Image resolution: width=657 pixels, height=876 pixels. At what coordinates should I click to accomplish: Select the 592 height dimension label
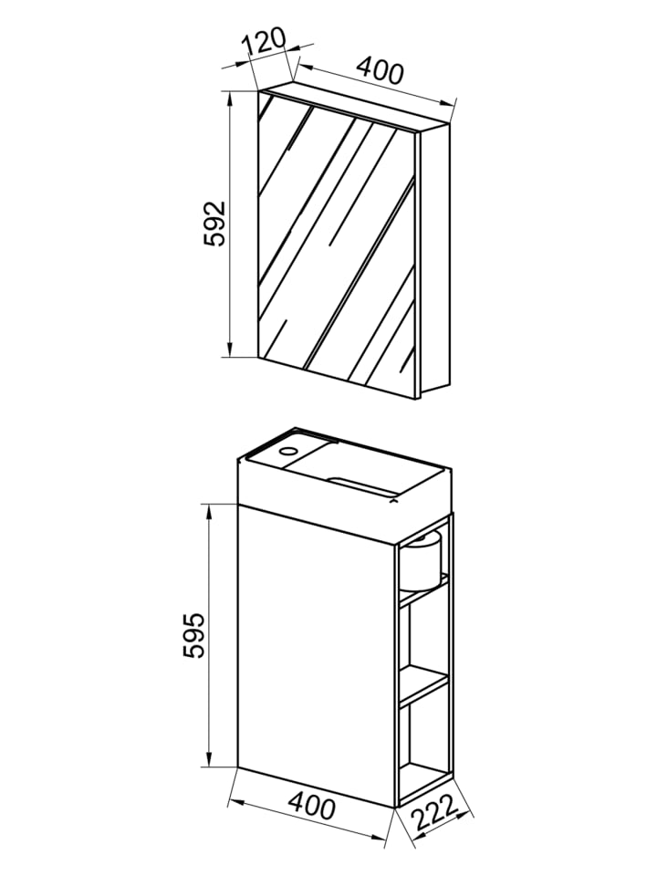point(214,223)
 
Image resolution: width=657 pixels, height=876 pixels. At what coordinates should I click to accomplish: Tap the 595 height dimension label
point(194,635)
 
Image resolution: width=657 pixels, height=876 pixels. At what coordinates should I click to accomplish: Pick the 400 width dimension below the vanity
point(312,806)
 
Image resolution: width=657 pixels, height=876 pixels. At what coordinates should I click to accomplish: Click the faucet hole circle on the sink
point(288,450)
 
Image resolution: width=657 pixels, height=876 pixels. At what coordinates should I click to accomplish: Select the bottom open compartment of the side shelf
point(423,737)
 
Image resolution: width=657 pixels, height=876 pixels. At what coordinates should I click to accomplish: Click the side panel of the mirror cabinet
point(434,258)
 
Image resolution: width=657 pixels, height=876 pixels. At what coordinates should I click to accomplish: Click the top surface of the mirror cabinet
point(354,107)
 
